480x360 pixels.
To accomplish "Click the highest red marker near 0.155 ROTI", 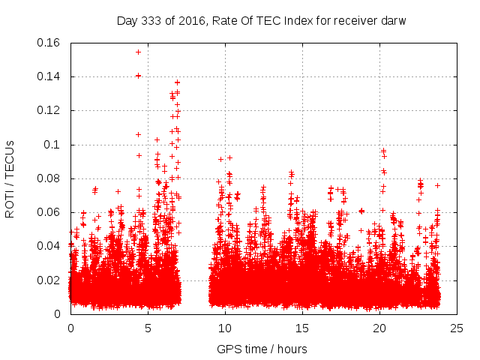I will point(138,52).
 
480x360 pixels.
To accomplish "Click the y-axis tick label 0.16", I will point(49,43).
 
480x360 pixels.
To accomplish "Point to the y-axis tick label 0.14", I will point(49,76).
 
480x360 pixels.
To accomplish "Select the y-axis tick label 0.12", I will point(49,110).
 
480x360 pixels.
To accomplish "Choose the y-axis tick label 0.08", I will point(49,178).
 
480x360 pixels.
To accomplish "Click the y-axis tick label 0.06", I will point(49,212).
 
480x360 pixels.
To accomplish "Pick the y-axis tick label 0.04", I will point(49,246).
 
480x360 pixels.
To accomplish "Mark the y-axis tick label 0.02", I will point(49,280).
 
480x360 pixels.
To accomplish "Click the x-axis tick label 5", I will point(148,328).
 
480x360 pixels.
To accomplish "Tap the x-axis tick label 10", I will point(225,328).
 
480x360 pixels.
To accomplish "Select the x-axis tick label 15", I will point(302,328).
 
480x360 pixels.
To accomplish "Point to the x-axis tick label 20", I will point(379,328).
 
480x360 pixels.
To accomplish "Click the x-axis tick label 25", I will point(457,328).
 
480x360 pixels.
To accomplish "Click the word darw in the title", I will point(392,20).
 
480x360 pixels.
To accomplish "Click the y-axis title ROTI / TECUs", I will point(10,178).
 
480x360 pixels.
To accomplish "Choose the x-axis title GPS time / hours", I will point(262,349).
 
